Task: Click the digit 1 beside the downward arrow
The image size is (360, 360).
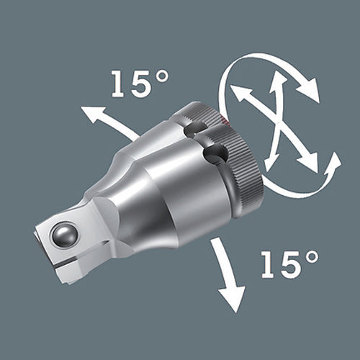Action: (269, 265)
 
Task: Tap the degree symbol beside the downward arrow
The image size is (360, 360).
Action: (312, 257)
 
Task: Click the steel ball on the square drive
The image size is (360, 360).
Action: (64, 235)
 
